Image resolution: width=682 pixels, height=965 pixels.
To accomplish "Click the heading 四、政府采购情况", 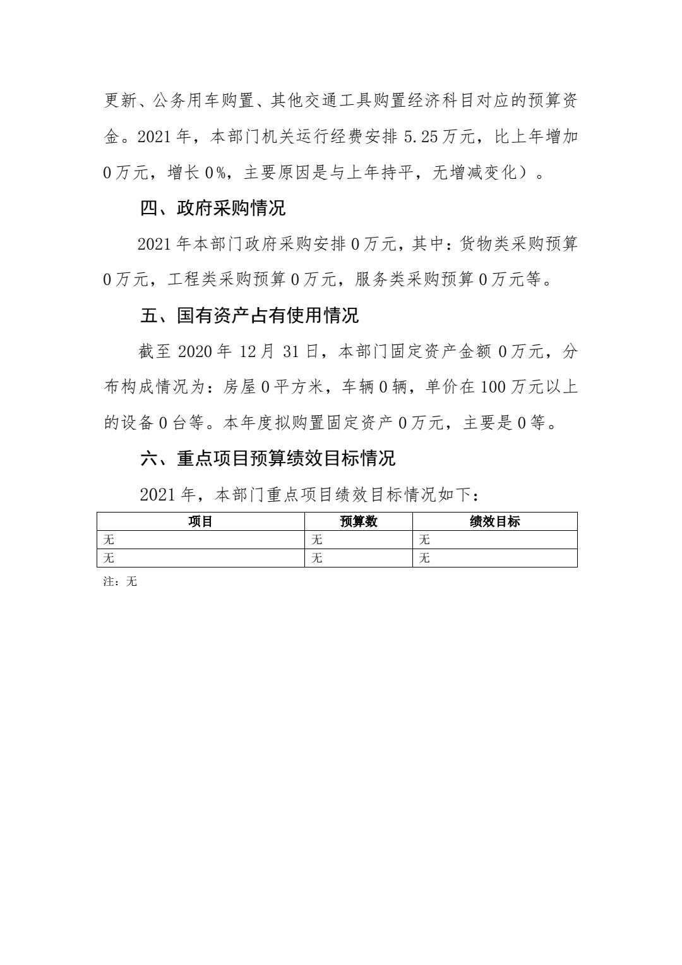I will [213, 208].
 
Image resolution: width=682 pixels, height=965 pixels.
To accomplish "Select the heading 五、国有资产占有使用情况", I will [249, 316].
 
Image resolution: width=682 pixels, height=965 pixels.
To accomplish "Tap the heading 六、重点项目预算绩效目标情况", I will [267, 458].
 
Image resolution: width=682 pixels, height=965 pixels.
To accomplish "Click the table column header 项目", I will [200, 521].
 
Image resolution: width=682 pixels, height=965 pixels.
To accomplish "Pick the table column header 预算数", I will [359, 521].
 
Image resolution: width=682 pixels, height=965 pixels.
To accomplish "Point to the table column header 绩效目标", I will [495, 521].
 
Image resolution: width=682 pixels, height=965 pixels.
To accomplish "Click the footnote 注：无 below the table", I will [120, 581].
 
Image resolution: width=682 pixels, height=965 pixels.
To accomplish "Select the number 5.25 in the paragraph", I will [421, 137].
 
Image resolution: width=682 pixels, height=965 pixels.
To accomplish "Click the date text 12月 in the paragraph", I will [258, 352].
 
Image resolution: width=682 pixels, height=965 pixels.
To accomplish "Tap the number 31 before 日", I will [290, 352].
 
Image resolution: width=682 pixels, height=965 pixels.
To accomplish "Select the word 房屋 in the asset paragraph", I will [239, 387].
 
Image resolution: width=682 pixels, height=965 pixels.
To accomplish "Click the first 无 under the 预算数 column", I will [317, 540].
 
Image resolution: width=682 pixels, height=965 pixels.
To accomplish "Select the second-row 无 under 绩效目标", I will [424, 558].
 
